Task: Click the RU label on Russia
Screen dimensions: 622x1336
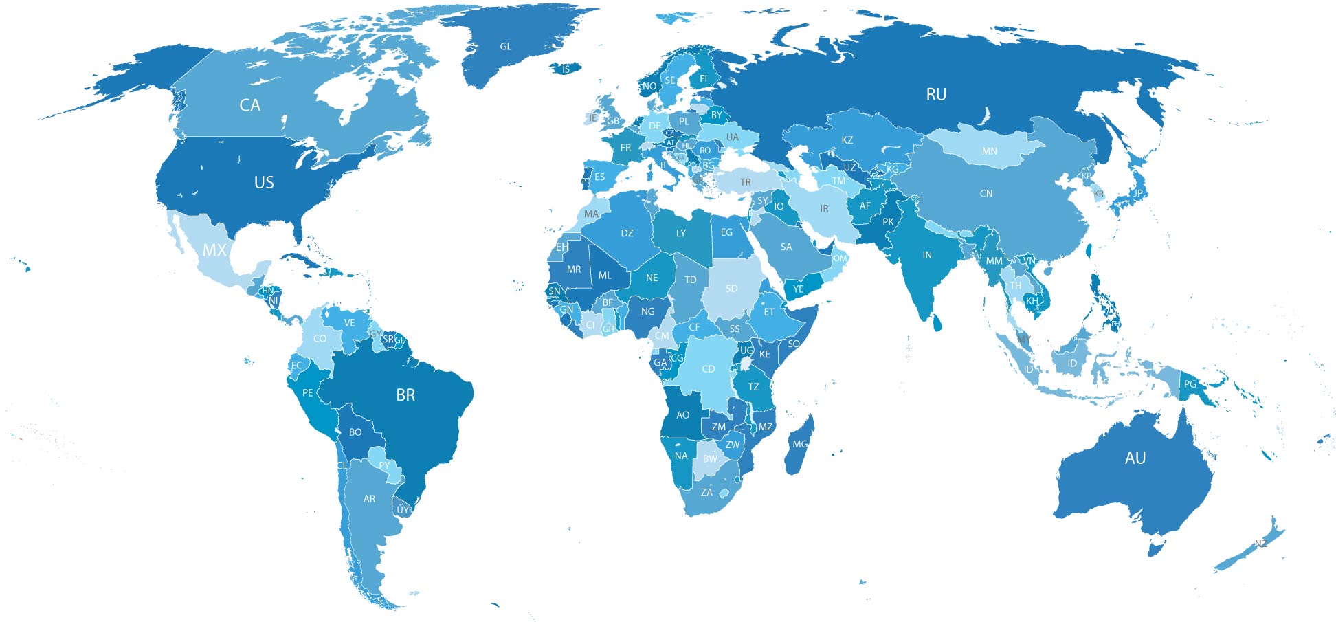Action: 936,94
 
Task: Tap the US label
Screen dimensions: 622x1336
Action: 264,182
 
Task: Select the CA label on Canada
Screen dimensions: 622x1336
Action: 249,105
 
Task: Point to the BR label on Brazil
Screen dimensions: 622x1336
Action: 405,395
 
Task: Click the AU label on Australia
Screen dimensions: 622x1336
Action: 1135,458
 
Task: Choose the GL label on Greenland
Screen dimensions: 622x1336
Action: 505,47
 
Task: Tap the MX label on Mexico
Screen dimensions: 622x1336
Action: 214,250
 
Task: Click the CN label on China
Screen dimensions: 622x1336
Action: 986,194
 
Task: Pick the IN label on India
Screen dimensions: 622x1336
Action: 927,255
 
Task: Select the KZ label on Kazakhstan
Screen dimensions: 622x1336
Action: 847,140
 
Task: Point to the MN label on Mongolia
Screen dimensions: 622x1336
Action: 989,151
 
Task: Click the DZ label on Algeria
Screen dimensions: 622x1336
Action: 627,234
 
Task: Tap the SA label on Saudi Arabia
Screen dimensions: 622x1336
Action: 786,247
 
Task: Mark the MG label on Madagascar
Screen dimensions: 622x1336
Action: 800,445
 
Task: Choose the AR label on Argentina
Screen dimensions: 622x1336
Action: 369,499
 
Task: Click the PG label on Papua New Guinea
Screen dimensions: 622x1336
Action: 1190,384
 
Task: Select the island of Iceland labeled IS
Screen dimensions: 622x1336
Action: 566,69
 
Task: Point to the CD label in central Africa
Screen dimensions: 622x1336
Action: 708,369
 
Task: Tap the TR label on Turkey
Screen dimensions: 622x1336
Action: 746,182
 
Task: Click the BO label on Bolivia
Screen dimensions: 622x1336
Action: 355,432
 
